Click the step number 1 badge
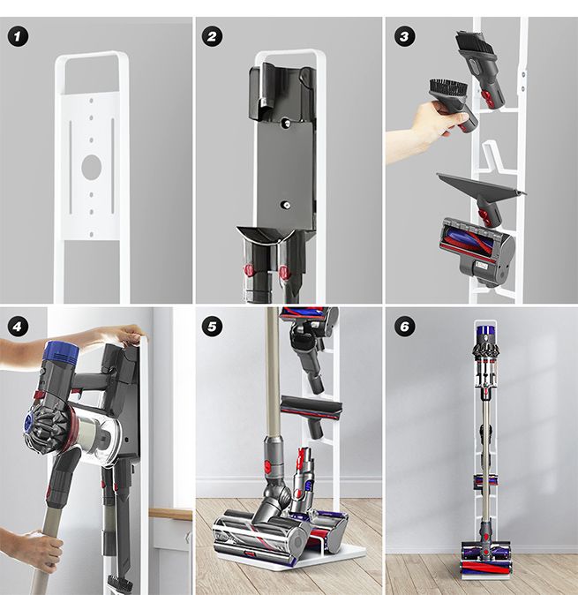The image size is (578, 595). point(16,36)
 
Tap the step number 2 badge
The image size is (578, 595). point(212,36)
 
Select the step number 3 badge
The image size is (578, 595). point(403,36)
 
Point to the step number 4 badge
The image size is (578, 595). point(16,326)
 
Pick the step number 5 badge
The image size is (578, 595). point(212,326)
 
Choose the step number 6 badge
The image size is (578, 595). point(403,326)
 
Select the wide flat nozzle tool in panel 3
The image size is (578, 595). point(480,185)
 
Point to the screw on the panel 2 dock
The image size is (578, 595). point(285,205)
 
